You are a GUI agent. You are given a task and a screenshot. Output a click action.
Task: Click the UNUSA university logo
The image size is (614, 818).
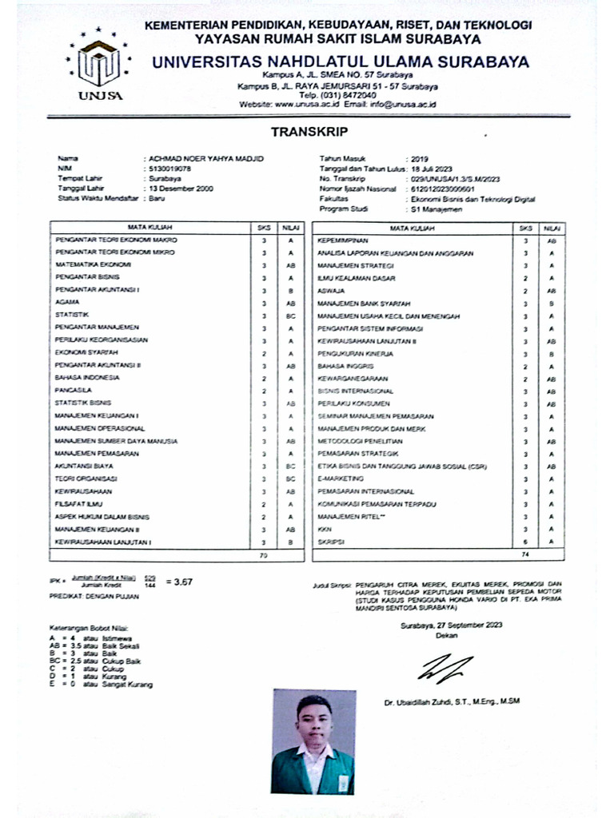[101, 65]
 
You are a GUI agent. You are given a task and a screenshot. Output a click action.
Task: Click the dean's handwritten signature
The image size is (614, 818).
[444, 667]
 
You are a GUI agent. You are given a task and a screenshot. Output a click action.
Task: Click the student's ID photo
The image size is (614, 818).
[313, 742]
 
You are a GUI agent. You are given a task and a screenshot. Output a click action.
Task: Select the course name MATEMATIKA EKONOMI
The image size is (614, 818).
[93, 264]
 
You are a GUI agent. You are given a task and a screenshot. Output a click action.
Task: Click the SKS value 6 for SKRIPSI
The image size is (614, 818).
[525, 542]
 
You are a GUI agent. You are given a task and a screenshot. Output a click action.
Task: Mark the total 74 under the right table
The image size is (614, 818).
[525, 554]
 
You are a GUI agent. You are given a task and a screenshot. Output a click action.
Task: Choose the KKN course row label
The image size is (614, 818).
[324, 530]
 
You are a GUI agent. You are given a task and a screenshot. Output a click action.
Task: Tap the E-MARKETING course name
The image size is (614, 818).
[337, 479]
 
